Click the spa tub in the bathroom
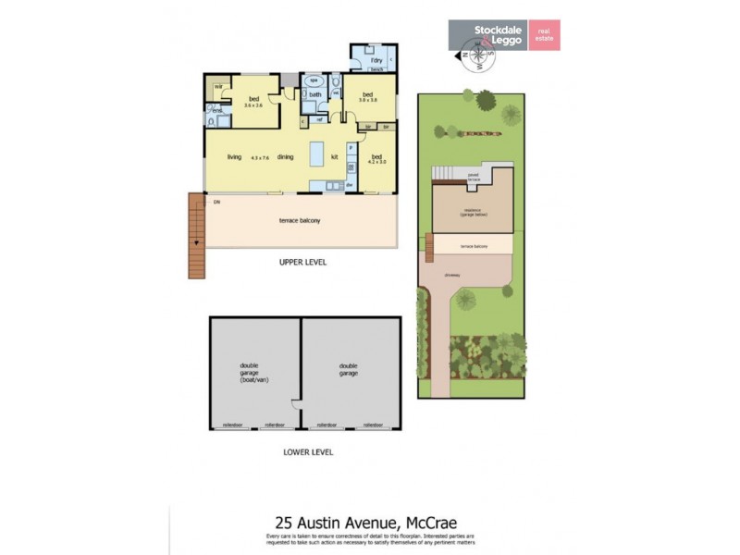314,81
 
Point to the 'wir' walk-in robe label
218,88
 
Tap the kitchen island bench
316,154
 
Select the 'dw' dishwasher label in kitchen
351,184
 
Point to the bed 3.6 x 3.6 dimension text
253,105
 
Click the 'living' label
235,157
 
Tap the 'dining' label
285,157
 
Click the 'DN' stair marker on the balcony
216,201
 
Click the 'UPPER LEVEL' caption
302,262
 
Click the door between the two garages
296,404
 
